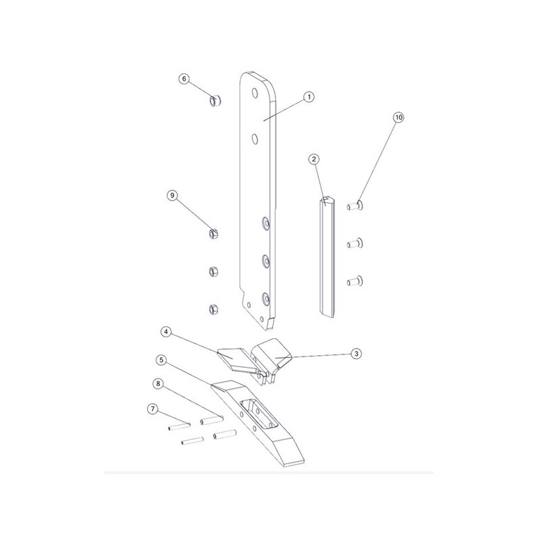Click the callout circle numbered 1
coord(309,97)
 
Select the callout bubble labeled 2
coord(313,159)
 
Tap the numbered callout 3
coord(356,354)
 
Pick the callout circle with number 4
coord(166,332)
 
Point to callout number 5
coord(161,360)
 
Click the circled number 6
coord(184,79)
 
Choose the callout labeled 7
coord(153,409)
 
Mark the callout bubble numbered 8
coord(158,383)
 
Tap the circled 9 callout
coord(172,196)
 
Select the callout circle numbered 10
coord(398,117)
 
